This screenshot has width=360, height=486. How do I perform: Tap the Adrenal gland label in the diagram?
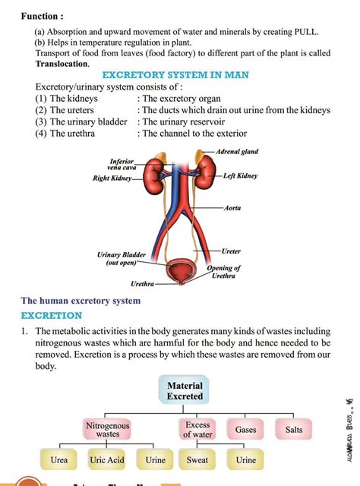(x=237, y=152)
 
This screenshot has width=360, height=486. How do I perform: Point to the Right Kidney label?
(x=112, y=179)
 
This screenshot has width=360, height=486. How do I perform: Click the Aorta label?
(x=232, y=207)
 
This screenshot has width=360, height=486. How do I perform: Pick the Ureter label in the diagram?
(x=232, y=250)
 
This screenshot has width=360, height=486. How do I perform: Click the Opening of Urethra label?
(x=224, y=272)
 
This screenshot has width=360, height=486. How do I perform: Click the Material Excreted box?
(x=185, y=390)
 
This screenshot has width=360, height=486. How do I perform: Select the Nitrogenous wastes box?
(x=107, y=430)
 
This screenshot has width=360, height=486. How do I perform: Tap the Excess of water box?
(x=197, y=430)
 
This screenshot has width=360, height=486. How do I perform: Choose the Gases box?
(x=245, y=430)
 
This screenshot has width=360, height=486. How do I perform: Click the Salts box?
(x=293, y=430)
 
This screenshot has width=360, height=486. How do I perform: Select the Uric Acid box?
(x=106, y=460)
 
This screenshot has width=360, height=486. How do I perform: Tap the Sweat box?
(x=197, y=460)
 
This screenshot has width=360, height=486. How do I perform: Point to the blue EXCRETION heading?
(x=51, y=314)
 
